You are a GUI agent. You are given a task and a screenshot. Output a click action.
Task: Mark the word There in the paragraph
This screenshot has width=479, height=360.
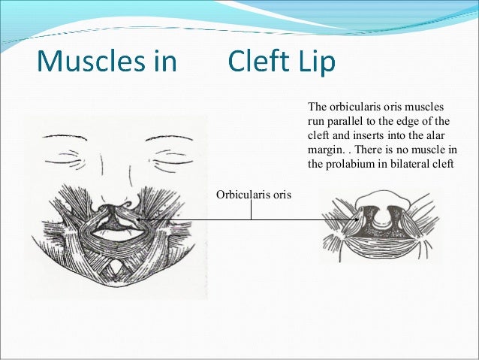pos(363,149)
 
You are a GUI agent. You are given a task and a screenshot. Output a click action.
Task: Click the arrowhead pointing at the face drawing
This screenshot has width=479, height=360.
pos(140,219)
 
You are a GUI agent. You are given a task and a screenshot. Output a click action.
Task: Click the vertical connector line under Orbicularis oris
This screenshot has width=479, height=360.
pos(251,211)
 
